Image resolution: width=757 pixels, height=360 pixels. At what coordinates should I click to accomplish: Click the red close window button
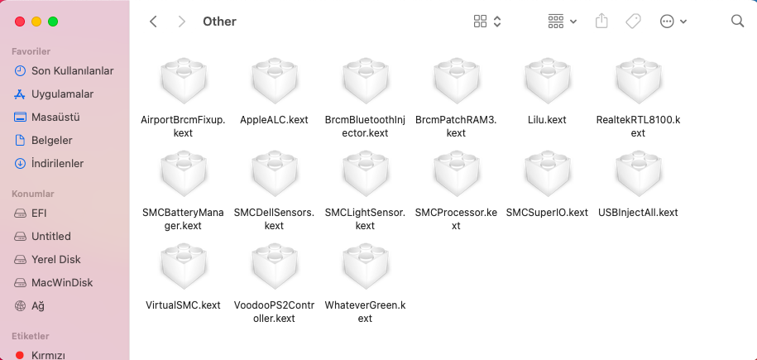click(20, 22)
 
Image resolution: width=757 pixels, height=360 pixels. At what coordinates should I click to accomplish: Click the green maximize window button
click(53, 22)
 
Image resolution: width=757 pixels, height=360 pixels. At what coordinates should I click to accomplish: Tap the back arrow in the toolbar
click(153, 22)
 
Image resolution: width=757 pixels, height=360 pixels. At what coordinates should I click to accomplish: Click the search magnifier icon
click(737, 22)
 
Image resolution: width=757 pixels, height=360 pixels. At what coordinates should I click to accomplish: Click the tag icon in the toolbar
click(633, 22)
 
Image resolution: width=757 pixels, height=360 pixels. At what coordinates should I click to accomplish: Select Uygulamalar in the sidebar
click(62, 94)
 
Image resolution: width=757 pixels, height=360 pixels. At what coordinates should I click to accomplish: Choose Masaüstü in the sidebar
click(55, 117)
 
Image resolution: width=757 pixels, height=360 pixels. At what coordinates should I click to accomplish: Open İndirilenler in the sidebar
click(57, 163)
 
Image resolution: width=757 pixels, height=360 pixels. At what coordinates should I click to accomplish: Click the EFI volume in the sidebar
click(39, 213)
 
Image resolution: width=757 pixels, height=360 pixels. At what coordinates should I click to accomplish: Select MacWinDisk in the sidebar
click(61, 282)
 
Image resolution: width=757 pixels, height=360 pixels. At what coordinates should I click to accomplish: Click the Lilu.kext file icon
click(547, 83)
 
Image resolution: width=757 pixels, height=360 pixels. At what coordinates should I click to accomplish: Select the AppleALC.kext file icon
click(274, 83)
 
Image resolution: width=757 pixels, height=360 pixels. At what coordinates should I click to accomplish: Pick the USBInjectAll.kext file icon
click(638, 175)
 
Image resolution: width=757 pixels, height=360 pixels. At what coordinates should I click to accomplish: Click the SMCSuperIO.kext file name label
click(547, 213)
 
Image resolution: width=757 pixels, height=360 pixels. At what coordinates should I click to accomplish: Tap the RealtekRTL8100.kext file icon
click(638, 83)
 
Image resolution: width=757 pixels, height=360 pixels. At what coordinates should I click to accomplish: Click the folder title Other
click(219, 22)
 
